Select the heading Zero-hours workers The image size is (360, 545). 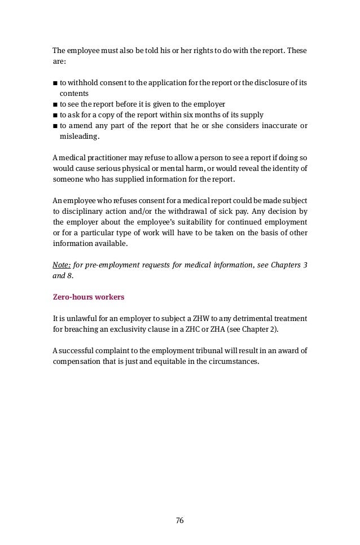(88, 296)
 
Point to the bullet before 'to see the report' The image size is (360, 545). (55, 104)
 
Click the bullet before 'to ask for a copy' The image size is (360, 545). (55, 115)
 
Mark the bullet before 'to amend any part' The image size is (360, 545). (55, 125)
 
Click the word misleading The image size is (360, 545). (79, 136)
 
